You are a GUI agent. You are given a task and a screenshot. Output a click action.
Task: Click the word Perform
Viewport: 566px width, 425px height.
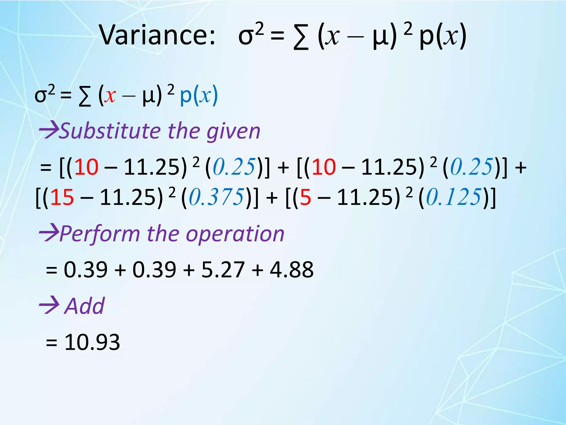[x=99, y=234]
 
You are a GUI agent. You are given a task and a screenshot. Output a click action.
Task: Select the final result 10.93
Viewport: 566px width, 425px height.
[x=92, y=342]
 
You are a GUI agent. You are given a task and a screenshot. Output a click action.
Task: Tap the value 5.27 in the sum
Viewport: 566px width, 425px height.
[x=223, y=269]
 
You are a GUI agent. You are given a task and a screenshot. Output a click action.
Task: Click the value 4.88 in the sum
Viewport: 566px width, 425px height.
[x=292, y=269]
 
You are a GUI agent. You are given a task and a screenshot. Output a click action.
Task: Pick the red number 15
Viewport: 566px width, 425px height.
[x=62, y=197]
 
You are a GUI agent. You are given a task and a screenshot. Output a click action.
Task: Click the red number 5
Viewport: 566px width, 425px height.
[x=305, y=197]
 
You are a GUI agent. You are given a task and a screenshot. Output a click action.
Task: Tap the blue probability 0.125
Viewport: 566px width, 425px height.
[x=454, y=197]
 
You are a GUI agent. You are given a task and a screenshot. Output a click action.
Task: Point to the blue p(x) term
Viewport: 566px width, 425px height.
[x=199, y=96]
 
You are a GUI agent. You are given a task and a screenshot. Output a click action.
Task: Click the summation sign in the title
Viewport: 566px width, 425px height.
[x=301, y=37]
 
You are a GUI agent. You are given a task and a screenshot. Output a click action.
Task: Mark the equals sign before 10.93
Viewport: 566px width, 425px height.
[x=51, y=343]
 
